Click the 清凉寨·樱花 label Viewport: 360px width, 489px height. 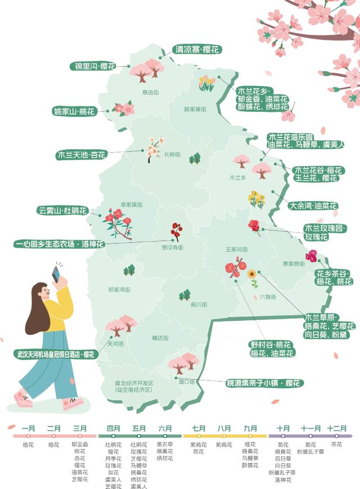[x=196, y=50]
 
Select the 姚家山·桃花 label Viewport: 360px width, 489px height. [x=74, y=111]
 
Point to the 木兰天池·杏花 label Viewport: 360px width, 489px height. [x=82, y=154]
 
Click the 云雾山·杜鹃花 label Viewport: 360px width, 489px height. [x=63, y=211]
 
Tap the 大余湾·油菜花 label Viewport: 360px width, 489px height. [x=312, y=206]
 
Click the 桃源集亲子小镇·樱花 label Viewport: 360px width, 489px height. [x=263, y=383]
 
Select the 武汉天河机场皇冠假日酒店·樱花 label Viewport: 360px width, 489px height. [x=55, y=355]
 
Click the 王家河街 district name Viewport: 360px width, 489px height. [x=237, y=249]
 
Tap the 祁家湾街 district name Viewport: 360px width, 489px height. [x=119, y=289]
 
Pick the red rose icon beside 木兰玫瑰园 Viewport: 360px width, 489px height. [x=254, y=226]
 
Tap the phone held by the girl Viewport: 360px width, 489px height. [x=56, y=274]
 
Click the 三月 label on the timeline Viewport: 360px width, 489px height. [x=80, y=429]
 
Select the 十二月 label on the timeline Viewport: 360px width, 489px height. [x=336, y=429]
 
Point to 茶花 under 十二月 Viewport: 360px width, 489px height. [x=336, y=445]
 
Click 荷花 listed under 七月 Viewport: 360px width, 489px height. [x=198, y=452]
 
